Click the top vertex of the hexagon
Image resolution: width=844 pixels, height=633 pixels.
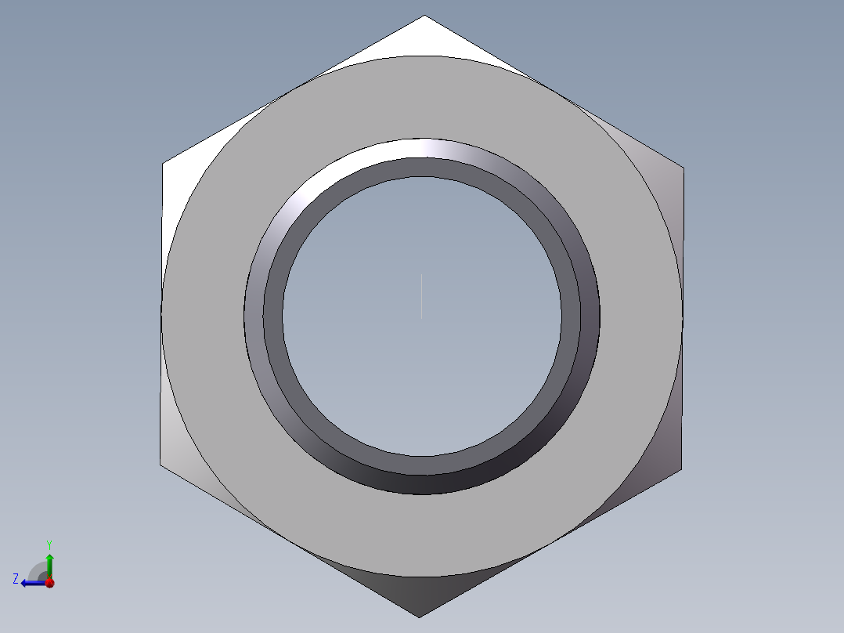(424, 15)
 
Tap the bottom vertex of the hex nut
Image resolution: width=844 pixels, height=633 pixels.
(420, 617)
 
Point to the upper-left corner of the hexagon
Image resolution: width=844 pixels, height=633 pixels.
(163, 163)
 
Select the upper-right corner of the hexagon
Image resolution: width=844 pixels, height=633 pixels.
(683, 168)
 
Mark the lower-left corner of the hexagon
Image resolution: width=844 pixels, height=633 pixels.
(160, 465)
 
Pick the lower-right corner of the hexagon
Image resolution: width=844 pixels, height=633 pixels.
(681, 470)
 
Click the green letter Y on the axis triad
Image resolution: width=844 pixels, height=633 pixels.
(49, 544)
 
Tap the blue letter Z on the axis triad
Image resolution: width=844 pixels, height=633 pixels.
(16, 579)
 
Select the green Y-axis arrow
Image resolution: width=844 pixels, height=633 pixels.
(49, 566)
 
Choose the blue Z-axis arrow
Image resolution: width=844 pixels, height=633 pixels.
(34, 583)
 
